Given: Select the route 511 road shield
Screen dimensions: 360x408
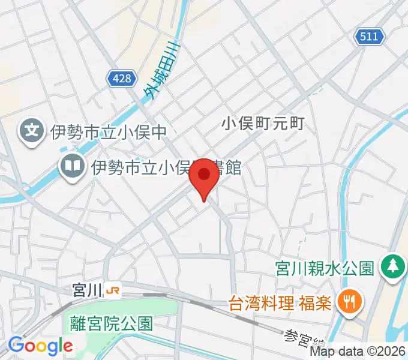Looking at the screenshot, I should tap(370, 37).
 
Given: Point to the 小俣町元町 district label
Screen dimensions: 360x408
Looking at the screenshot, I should tap(263, 124).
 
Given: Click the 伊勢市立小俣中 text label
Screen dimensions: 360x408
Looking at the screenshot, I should tap(107, 130).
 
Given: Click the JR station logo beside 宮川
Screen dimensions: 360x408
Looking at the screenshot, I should tap(112, 290).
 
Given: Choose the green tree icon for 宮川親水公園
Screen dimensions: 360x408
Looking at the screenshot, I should tap(392, 265).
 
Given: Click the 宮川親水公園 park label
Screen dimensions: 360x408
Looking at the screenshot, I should tap(325, 266).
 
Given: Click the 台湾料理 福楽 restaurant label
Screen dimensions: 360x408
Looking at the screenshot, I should tap(280, 301).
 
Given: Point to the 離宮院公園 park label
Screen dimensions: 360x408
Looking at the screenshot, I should tap(111, 324).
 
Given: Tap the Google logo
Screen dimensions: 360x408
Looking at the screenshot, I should tap(40, 346).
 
